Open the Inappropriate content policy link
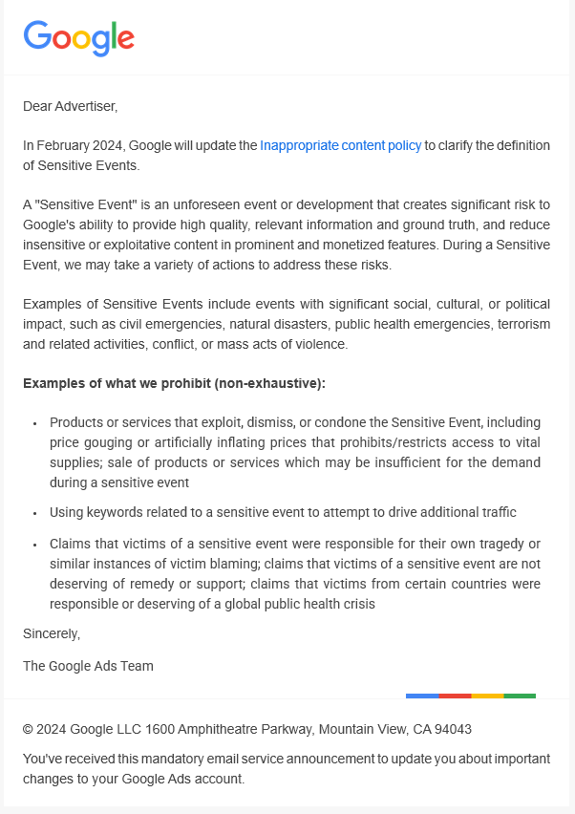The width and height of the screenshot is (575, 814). [x=340, y=146]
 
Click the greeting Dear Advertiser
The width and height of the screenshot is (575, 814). [x=70, y=106]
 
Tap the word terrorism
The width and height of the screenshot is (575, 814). [x=517, y=325]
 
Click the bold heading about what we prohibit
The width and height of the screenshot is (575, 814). [x=174, y=383]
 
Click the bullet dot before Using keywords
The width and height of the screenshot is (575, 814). [x=34, y=513]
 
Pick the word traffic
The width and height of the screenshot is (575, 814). [x=494, y=512]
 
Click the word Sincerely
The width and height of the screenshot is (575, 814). [x=52, y=633]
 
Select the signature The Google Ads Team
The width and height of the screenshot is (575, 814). [x=88, y=666]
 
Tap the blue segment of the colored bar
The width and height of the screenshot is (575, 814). [x=422, y=696]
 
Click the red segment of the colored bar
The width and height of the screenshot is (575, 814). [x=455, y=696]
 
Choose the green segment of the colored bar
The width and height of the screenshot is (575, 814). [x=520, y=696]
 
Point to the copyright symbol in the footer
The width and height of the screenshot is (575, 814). [x=29, y=729]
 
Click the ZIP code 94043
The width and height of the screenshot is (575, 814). [x=453, y=729]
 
